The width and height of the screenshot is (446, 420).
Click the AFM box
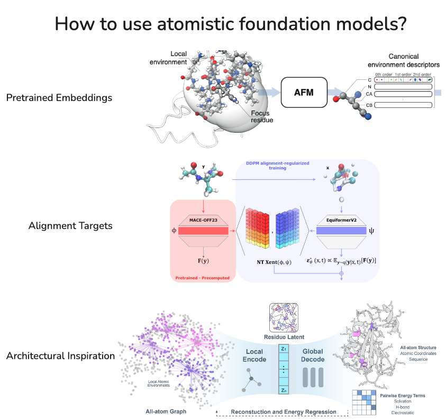pyautogui.click(x=304, y=92)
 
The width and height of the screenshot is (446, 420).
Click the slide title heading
pyautogui.click(x=223, y=24)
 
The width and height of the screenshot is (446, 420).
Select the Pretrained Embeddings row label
pyautogui.click(x=59, y=98)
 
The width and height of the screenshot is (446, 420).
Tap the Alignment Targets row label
pyautogui.click(x=71, y=226)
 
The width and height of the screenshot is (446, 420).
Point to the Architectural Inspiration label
pyautogui.click(x=60, y=355)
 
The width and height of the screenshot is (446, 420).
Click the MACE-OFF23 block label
pyautogui.click(x=203, y=220)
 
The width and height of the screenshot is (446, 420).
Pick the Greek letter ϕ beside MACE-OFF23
pyautogui.click(x=174, y=231)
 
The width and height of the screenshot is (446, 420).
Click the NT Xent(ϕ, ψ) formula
pyautogui.click(x=274, y=262)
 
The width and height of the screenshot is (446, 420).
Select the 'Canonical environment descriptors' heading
pyautogui.click(x=404, y=60)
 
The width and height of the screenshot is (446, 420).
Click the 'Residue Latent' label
pyautogui.click(x=285, y=336)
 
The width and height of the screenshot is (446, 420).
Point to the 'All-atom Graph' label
pyautogui.click(x=166, y=411)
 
